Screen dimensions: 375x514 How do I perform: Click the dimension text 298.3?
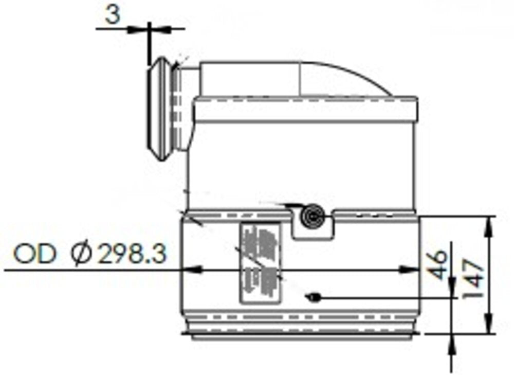point(132,254)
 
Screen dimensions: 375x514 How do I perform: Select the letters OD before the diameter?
point(34,254)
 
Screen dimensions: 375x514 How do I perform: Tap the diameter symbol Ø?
point(83,254)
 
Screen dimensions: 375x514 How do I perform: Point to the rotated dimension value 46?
point(438,264)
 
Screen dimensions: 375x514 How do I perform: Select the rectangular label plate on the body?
point(260,262)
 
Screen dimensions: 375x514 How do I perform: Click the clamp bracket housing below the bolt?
point(313,232)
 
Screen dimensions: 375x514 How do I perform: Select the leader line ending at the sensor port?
point(385,297)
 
